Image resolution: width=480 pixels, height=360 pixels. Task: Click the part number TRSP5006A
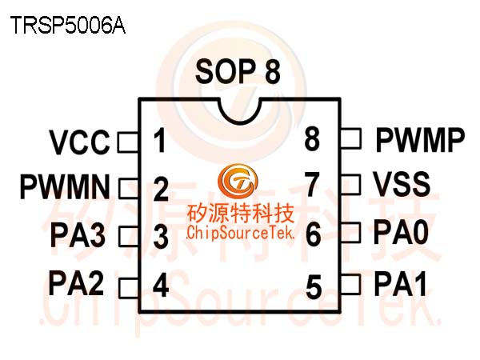(x=68, y=25)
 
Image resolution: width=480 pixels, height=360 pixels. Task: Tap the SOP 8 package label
(x=238, y=72)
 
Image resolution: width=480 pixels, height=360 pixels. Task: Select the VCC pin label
(x=79, y=142)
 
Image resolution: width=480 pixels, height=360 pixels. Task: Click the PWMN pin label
(x=65, y=186)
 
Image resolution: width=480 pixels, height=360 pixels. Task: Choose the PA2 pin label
(x=76, y=283)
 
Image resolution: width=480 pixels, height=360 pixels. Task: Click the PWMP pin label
(x=420, y=140)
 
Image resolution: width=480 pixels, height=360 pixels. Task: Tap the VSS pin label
(x=402, y=184)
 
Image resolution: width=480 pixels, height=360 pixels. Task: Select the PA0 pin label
(x=401, y=233)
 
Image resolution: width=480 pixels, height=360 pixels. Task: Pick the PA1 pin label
(x=401, y=283)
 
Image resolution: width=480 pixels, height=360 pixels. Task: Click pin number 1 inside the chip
(x=160, y=141)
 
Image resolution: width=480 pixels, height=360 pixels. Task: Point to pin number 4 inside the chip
(x=161, y=286)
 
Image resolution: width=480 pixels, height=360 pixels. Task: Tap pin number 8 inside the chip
(x=312, y=138)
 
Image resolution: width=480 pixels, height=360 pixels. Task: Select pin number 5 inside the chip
(x=314, y=287)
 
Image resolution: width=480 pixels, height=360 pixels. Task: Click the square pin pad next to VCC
(x=128, y=142)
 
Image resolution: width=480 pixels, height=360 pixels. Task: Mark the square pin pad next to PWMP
(x=351, y=138)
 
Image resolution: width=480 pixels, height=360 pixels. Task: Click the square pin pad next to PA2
(x=129, y=287)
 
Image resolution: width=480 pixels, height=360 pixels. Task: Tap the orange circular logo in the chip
(x=238, y=182)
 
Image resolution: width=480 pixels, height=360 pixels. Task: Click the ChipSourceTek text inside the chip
(x=240, y=233)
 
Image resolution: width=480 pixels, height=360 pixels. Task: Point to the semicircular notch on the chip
(x=240, y=111)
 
